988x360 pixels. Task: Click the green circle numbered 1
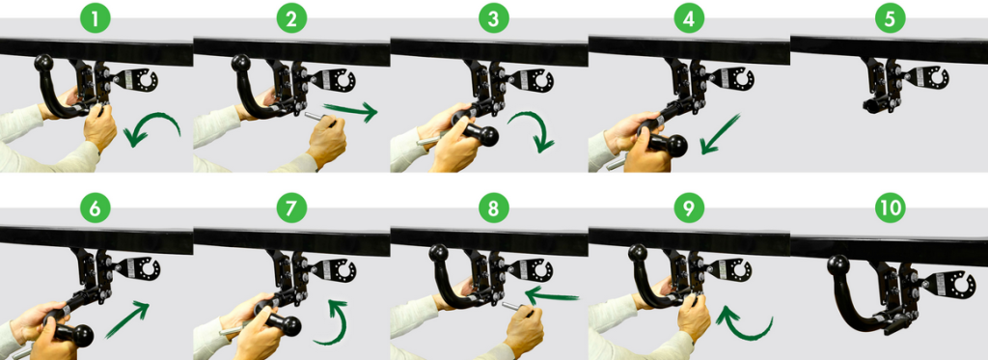point(95,19)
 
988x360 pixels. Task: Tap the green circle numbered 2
point(291,19)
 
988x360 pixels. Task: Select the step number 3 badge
point(493,19)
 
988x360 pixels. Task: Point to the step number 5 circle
point(889,19)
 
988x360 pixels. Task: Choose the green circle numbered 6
point(95,208)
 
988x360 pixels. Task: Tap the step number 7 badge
point(291,208)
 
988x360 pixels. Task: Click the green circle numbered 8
point(493,208)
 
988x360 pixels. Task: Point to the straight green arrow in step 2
point(349,110)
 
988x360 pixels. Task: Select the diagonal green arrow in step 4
point(720,134)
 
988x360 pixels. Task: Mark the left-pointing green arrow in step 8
point(552,293)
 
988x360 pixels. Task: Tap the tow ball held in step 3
point(482,134)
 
